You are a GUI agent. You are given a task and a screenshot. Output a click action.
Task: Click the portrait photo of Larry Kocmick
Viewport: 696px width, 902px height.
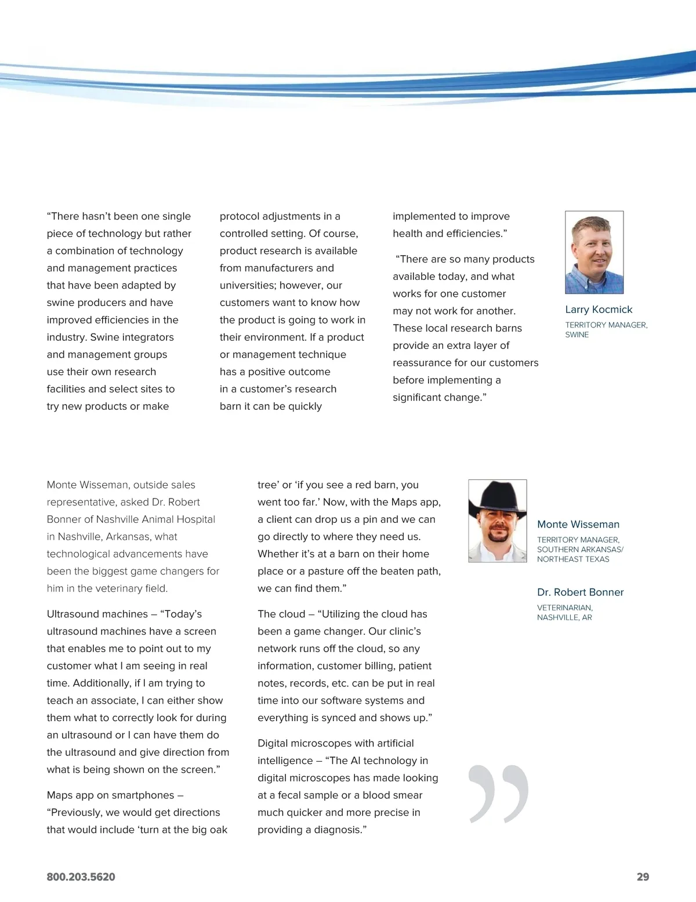[x=594, y=252]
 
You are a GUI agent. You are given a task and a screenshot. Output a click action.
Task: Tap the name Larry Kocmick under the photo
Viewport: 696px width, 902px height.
[x=599, y=310]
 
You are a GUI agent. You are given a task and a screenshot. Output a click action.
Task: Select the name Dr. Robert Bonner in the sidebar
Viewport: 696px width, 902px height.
[x=580, y=592]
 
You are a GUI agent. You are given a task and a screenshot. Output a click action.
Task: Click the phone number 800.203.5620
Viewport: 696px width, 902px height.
[x=81, y=876]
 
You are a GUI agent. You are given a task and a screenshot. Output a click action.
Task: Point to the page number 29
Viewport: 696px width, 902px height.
[x=643, y=876]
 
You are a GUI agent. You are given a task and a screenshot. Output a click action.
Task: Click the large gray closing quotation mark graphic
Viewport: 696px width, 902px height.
[x=498, y=794]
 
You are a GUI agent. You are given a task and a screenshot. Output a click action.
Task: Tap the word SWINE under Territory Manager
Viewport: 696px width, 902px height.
[x=577, y=334]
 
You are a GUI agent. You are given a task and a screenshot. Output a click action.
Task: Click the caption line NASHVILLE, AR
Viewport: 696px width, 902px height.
[x=564, y=617]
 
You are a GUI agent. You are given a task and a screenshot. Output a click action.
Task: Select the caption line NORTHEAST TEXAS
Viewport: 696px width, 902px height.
[x=573, y=559]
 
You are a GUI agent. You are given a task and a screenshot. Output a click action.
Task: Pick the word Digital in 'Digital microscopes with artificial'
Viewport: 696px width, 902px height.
[x=273, y=743]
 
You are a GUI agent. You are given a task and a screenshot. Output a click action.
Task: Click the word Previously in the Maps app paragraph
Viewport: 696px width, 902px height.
[x=76, y=812]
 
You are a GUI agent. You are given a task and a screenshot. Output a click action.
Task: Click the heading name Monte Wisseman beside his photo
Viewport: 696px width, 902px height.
[x=578, y=524]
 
